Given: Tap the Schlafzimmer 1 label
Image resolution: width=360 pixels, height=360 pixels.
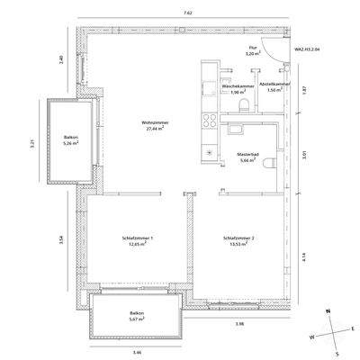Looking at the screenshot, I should pos(139,238).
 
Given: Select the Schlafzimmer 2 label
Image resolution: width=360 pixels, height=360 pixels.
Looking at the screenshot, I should pos(239,238).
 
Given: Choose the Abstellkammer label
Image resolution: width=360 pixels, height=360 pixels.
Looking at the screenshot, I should pos(273,85).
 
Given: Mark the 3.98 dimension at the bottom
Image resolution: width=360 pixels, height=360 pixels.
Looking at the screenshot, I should pos(239,323).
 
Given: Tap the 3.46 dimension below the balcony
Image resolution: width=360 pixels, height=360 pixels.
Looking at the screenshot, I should pos(137,351).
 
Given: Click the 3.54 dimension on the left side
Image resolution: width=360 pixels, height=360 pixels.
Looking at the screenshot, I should pos(60,238).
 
